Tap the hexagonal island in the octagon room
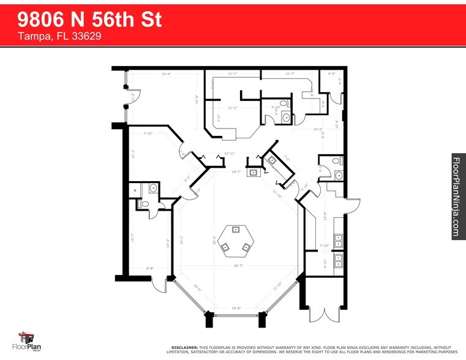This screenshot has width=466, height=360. [235, 239]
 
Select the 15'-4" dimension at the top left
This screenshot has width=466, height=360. [165, 75]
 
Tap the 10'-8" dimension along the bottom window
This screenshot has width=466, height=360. [236, 308]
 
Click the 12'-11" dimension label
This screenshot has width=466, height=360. [230, 153]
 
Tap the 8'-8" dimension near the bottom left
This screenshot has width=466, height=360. [149, 268]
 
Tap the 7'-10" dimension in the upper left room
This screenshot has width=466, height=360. [148, 133]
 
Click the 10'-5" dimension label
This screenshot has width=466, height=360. [317, 129]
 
